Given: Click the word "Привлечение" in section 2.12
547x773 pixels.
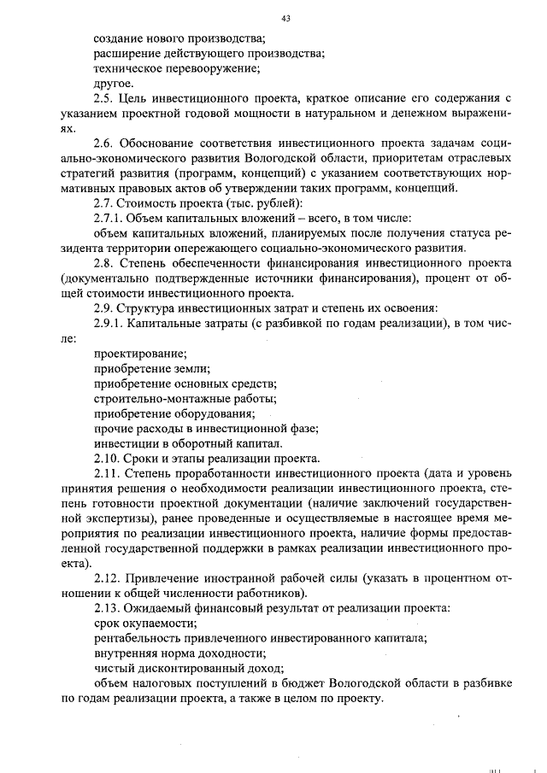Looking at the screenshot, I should point(162,578).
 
